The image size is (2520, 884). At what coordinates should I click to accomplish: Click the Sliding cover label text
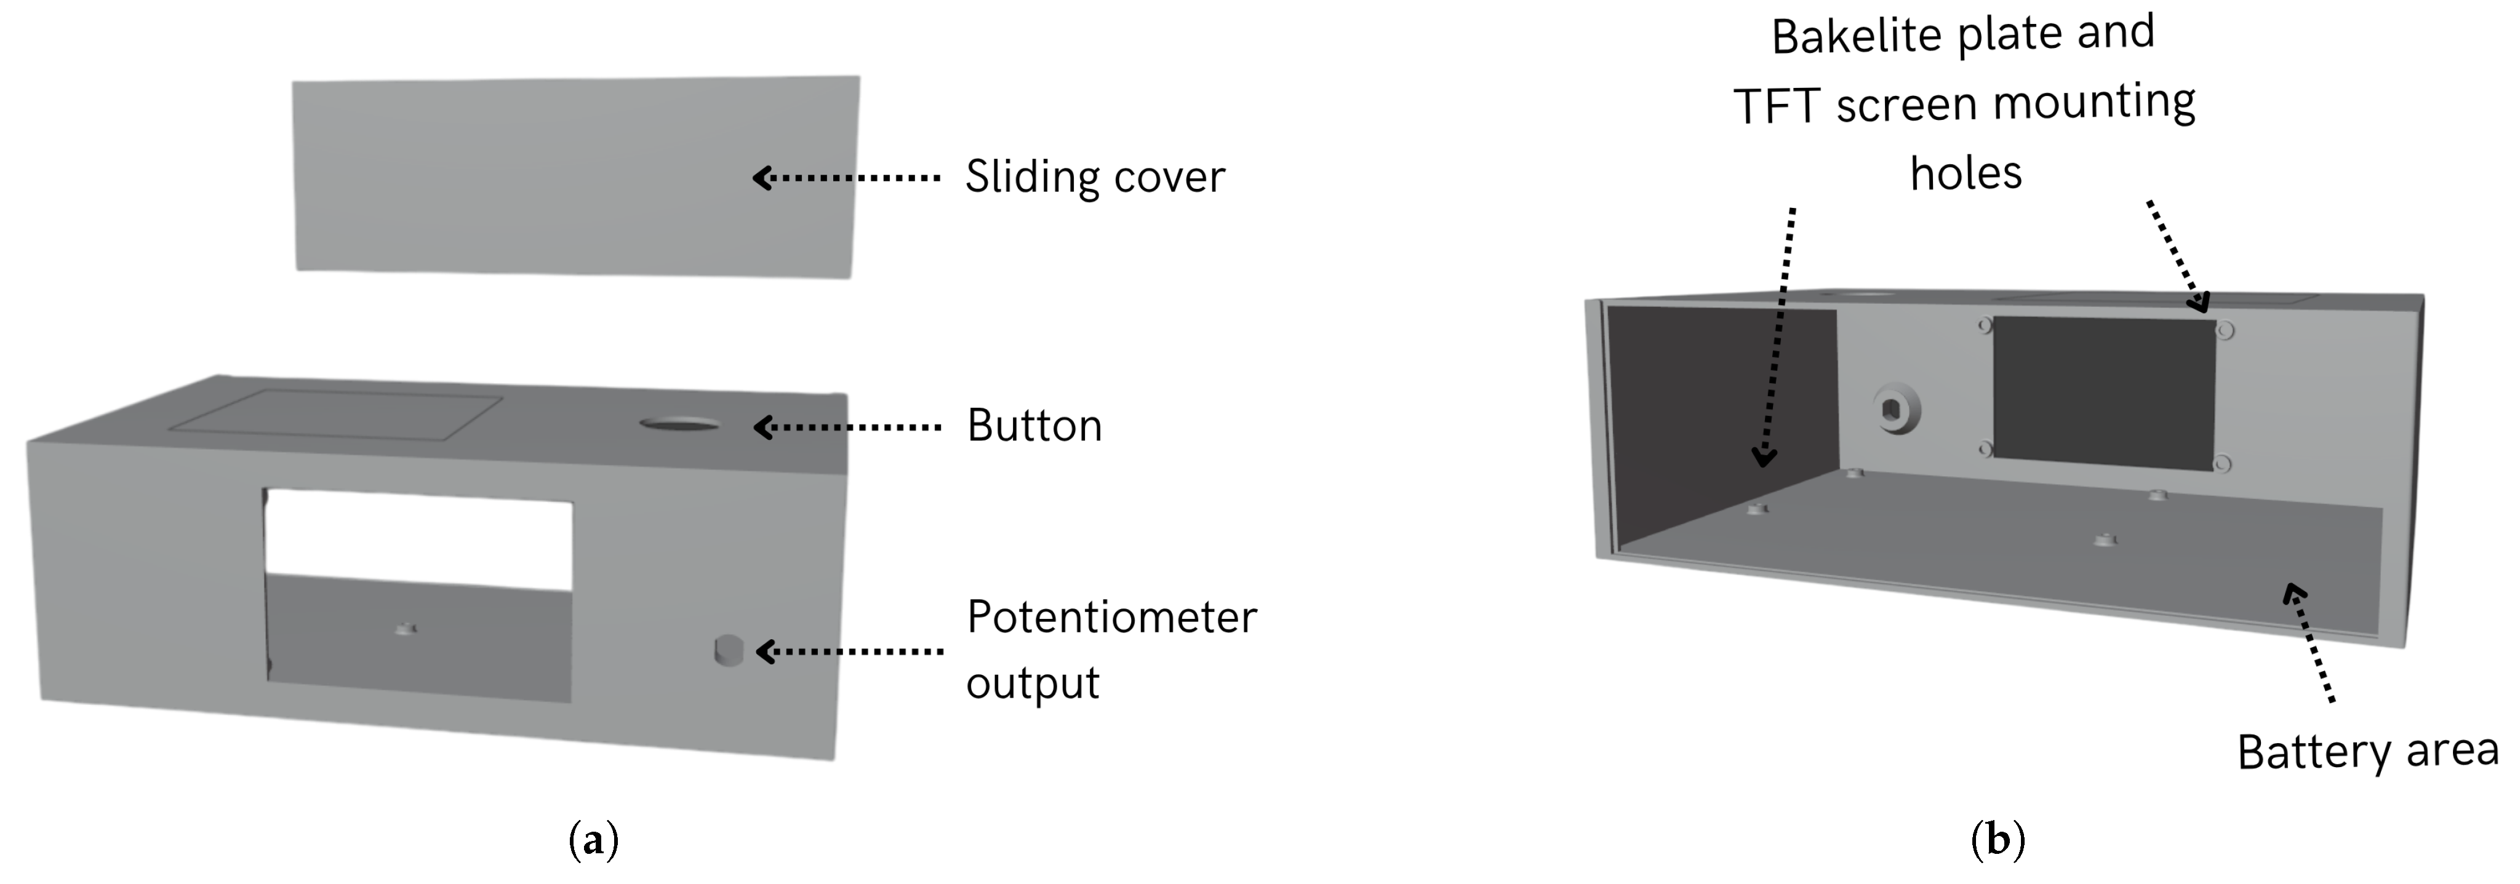1094,177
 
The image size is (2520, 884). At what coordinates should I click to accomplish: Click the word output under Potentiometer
1032,683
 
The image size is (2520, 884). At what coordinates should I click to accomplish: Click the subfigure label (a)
593,840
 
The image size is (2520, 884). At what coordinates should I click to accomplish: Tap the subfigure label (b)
1997,840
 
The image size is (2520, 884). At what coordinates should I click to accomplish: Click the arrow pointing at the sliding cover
846,178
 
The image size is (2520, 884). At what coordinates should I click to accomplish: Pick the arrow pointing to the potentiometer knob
849,651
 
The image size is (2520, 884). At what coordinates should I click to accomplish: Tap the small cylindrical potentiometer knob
729,650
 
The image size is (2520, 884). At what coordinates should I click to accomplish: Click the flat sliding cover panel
575,176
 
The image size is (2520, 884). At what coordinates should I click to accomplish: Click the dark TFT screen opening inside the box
2103,392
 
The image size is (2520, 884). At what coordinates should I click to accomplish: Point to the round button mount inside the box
1897,408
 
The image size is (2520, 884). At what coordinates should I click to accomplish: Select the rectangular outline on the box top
335,413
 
